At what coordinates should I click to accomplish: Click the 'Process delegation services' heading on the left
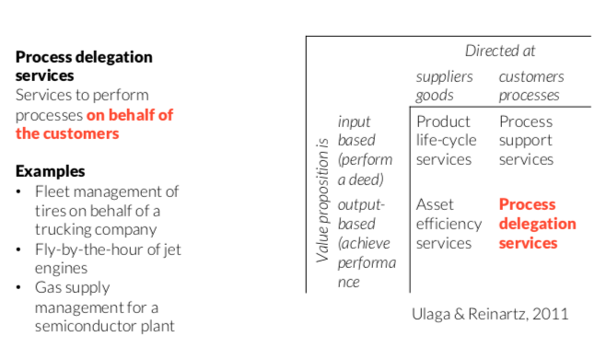[x=84, y=65]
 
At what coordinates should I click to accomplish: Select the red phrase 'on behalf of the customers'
[x=95, y=124]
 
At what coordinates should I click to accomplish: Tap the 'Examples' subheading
[x=50, y=171]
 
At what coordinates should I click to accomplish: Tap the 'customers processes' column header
[x=531, y=85]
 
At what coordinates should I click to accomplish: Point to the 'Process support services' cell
[x=527, y=140]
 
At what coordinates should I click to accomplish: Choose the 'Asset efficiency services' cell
[x=449, y=224]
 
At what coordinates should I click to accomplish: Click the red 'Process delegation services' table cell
[x=537, y=224]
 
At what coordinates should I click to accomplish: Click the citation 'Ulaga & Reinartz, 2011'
[x=489, y=314]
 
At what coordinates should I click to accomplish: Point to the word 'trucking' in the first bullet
[x=63, y=229]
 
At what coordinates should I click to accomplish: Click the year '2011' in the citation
[x=551, y=314]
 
